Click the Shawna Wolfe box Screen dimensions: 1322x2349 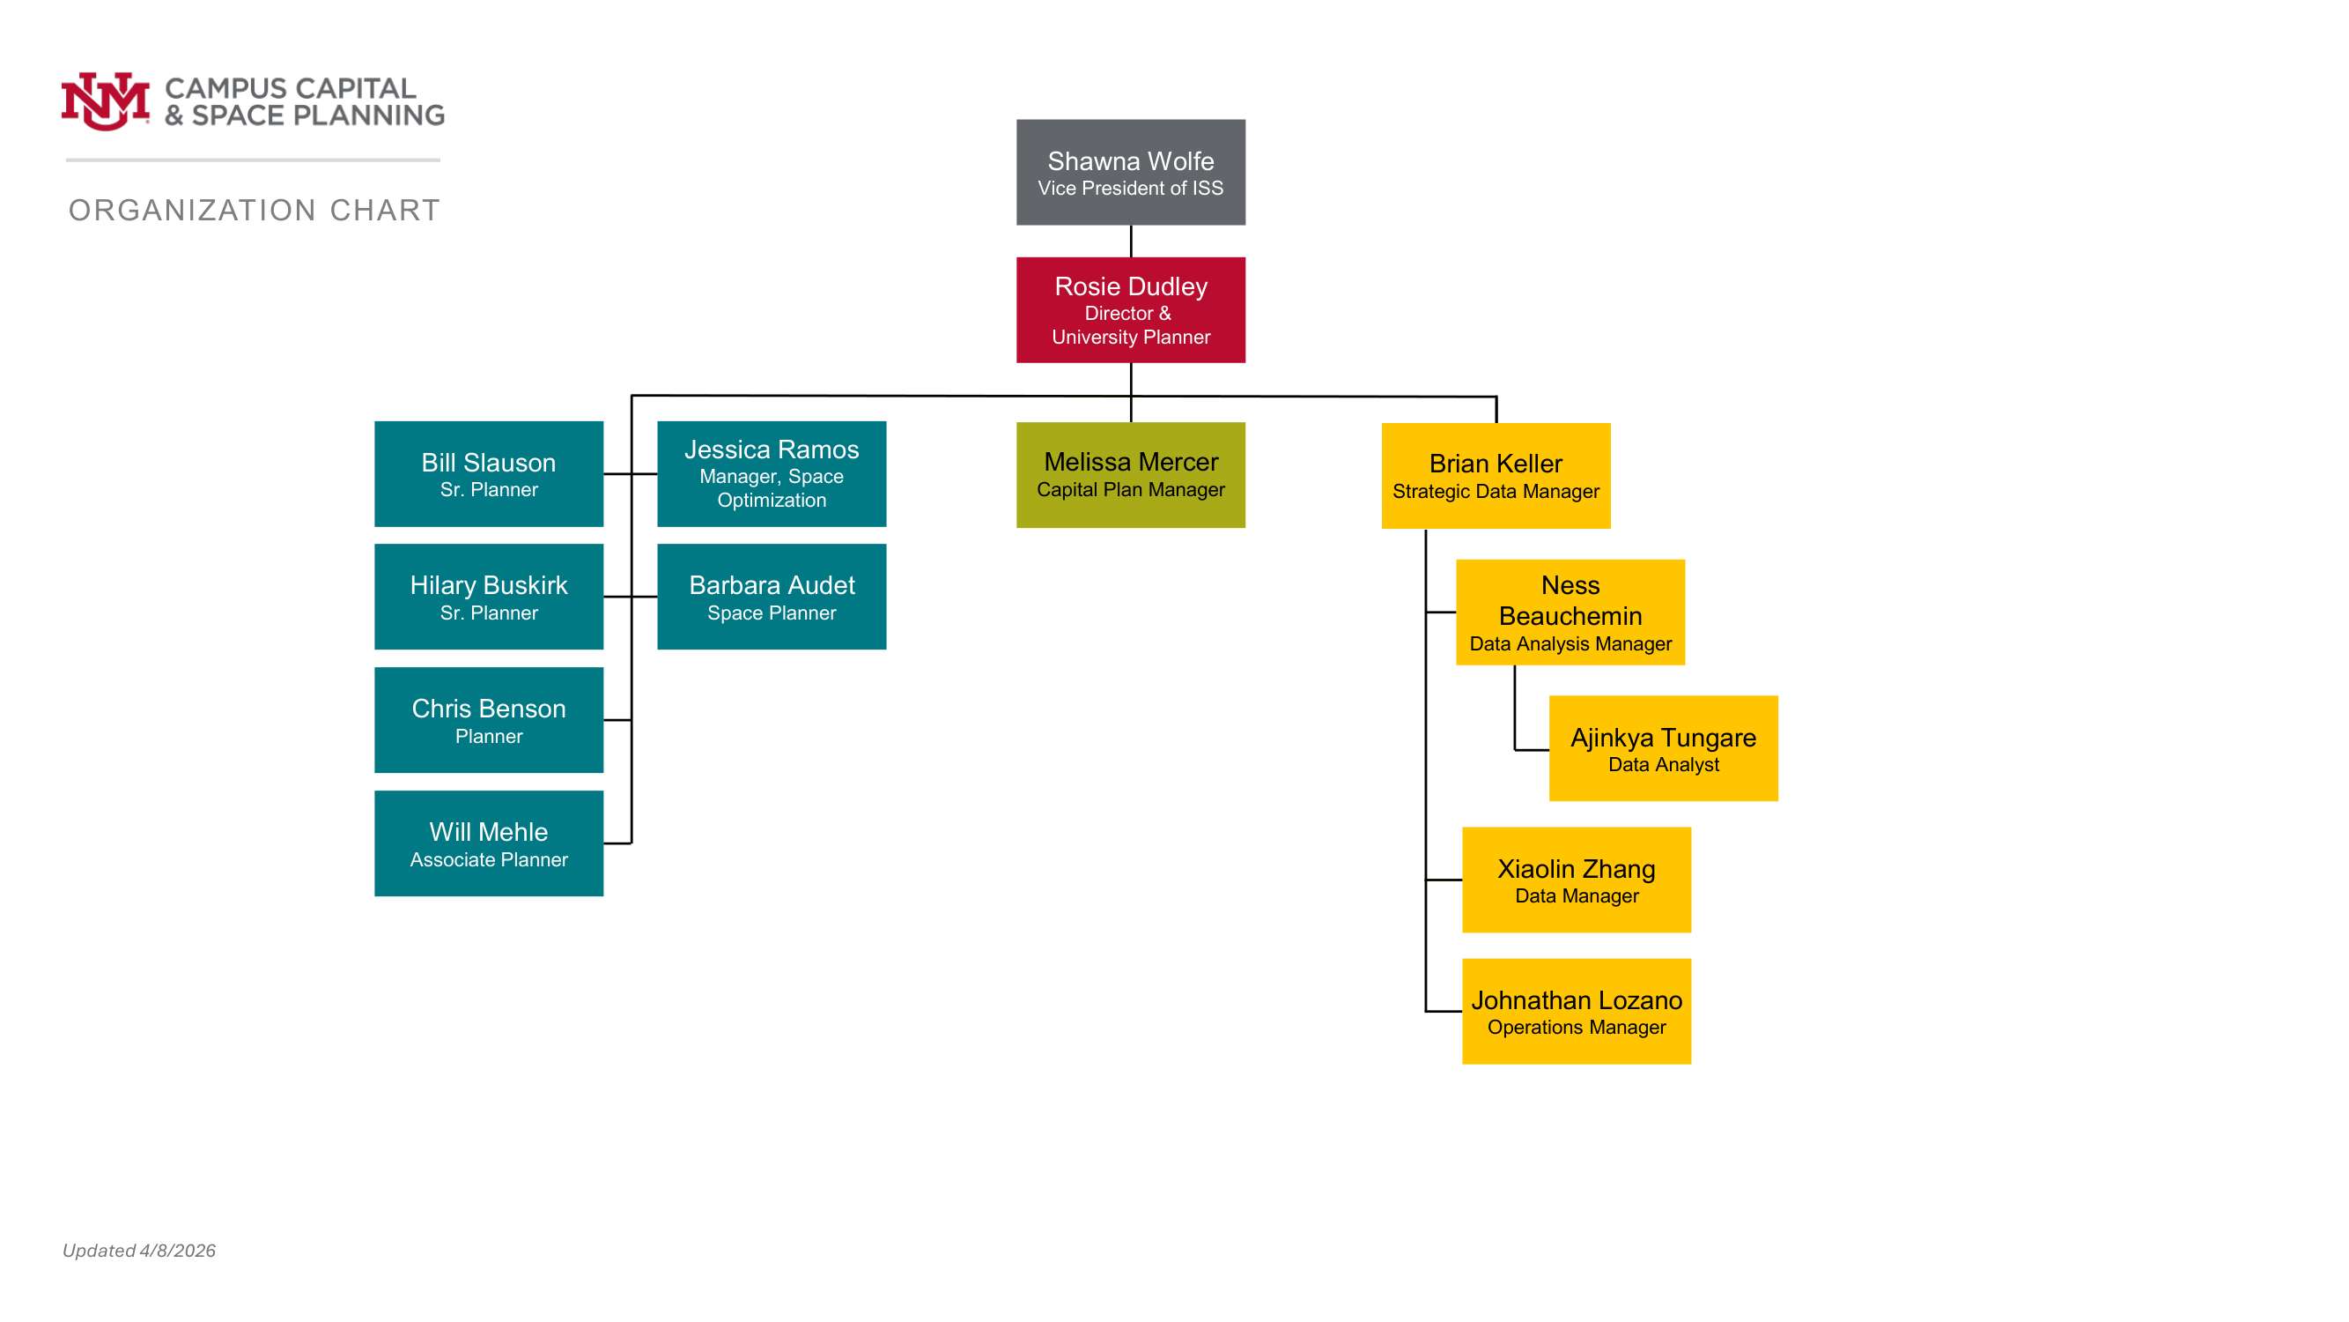coord(1131,173)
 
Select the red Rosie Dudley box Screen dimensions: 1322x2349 coord(1131,310)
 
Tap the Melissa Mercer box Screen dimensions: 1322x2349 coord(1131,474)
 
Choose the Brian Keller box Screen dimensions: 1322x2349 coord(1496,475)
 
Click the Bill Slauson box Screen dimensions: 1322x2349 coord(489,473)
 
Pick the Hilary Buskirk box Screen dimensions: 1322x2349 coord(489,597)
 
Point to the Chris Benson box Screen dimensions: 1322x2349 coord(489,720)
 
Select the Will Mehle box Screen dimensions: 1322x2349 coord(489,843)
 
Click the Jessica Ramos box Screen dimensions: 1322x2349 coord(772,473)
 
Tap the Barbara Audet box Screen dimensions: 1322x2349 coord(772,597)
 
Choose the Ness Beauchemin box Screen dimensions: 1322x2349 coord(1570,613)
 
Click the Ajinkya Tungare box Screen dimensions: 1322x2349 coord(1663,748)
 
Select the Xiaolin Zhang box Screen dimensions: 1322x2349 coord(1577,880)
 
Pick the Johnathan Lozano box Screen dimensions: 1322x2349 coord(1577,1011)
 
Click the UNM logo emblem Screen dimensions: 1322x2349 coord(105,101)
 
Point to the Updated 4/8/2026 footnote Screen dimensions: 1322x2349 coord(138,1250)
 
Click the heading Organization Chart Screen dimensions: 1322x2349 coord(255,211)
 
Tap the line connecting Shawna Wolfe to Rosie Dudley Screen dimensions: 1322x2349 coord(1131,241)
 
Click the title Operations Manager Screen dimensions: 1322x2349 coord(1577,1028)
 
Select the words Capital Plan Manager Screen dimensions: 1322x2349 coord(1131,490)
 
